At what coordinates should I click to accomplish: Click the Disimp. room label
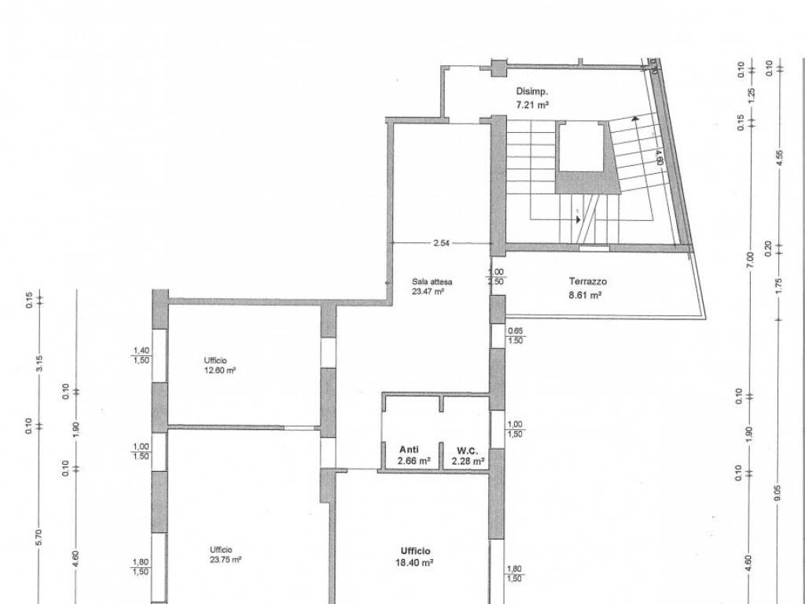click(532, 92)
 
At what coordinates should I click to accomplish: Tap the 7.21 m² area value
click(532, 105)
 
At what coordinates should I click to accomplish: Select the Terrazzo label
click(588, 282)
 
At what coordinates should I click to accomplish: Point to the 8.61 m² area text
click(585, 296)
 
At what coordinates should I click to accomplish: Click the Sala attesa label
click(432, 282)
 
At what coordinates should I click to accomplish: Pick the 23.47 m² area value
click(428, 291)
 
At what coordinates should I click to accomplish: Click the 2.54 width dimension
click(441, 244)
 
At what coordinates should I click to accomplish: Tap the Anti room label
click(409, 449)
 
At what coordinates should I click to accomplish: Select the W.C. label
click(468, 451)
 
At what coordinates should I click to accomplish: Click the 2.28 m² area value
click(469, 461)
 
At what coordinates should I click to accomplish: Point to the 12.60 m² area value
click(220, 370)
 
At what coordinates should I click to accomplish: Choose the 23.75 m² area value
click(226, 559)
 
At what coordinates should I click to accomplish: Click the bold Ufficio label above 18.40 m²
click(416, 551)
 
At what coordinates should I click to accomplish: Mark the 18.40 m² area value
click(414, 563)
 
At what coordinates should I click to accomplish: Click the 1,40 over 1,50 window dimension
click(142, 355)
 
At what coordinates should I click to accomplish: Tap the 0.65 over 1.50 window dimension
click(515, 336)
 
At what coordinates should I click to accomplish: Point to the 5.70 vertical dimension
click(39, 538)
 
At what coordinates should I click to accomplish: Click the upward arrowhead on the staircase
click(635, 120)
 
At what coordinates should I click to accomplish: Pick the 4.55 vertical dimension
click(779, 157)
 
